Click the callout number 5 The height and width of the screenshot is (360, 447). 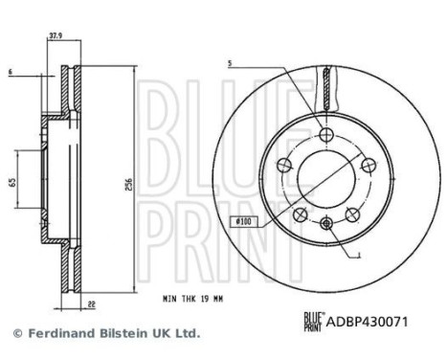click(232, 65)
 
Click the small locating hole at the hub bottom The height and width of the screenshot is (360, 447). click(325, 223)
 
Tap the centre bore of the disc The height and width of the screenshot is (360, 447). click(325, 176)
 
